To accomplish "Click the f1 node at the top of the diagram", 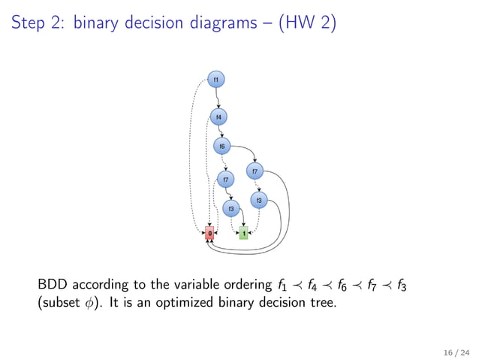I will (216, 79).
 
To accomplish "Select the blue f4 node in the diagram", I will (218, 117).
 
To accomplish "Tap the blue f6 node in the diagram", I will (222, 146).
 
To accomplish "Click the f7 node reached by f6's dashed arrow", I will (225, 179).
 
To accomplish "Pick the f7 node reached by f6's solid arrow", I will (255, 172).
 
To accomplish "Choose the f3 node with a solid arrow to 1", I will (232, 208).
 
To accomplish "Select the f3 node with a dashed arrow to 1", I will (259, 200).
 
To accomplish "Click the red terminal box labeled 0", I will (209, 233).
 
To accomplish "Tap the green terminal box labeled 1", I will (243, 233).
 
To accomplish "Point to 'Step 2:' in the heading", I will (38, 25).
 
